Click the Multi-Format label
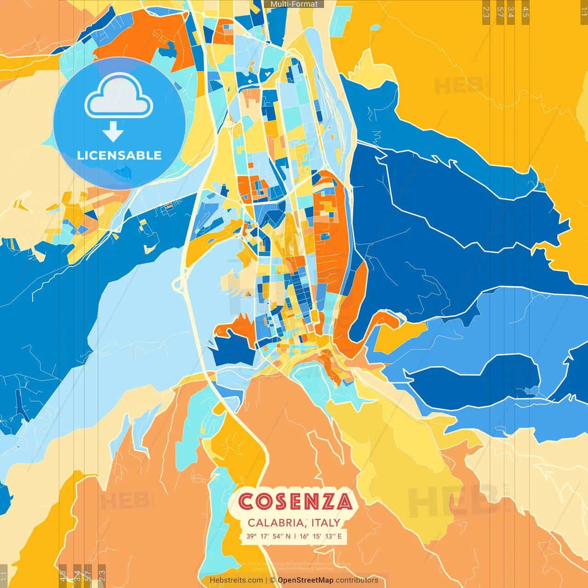[294, 4]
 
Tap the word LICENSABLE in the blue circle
[119, 155]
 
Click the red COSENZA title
[295, 502]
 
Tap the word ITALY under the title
[326, 523]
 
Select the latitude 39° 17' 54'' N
[268, 536]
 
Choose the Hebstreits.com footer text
[236, 580]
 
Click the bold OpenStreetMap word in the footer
[305, 580]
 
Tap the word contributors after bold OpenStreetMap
[357, 580]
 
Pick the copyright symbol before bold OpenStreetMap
[272, 580]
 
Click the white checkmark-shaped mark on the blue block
[266, 73]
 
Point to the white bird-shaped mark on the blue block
[251, 81]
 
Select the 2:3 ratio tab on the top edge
[486, 12]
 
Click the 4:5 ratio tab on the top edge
[526, 12]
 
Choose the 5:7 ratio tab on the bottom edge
[88, 575]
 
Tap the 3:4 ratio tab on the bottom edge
[77, 575]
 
